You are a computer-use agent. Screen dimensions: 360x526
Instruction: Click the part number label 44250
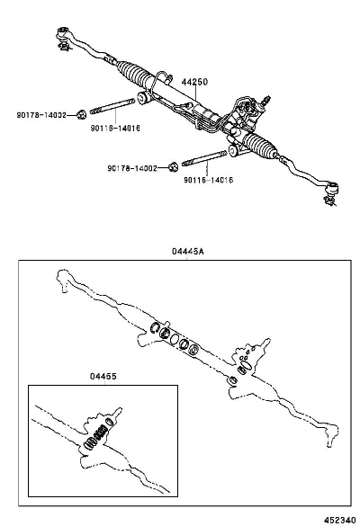pos(194,82)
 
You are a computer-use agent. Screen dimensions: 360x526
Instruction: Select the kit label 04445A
pos(188,251)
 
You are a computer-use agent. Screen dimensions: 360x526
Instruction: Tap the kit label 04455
pos(103,377)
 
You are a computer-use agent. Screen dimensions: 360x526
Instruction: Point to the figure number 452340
pos(340,520)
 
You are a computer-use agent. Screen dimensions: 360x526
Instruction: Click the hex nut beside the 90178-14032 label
pos(81,114)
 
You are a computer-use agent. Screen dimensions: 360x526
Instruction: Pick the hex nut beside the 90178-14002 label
pos(173,166)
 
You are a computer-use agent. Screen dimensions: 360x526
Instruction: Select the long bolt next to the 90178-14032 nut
pos(112,106)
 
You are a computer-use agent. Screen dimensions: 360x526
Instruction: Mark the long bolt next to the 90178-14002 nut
pos(204,158)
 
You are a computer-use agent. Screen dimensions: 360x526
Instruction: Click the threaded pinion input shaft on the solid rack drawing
pos(266,99)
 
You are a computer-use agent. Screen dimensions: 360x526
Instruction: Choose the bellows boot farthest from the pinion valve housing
pos(133,73)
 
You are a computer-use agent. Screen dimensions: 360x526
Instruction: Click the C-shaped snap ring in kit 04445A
pos(154,328)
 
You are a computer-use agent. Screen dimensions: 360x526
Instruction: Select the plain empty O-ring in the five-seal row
pos(175,339)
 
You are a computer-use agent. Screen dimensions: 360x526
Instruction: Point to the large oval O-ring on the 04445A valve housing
pos(247,364)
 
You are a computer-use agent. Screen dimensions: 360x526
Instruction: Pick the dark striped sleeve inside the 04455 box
pos(100,432)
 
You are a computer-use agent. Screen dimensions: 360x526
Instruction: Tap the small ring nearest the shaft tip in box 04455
pos(110,422)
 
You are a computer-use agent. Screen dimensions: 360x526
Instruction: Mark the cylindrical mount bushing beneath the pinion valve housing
pos(233,150)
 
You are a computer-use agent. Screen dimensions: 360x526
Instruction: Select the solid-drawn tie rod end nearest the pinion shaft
pos(331,192)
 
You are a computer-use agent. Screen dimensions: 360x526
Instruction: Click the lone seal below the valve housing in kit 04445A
pos(232,380)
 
